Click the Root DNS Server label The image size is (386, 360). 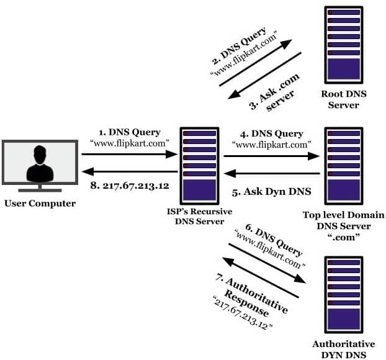coord(344,99)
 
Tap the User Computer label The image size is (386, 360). coord(40,204)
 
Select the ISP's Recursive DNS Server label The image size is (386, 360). coord(199,217)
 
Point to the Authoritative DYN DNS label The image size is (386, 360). coord(344,349)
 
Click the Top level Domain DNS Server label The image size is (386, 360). coord(344,226)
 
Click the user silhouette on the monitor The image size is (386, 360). coord(40,163)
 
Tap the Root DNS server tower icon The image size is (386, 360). coord(344,45)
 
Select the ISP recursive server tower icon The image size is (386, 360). coord(199,166)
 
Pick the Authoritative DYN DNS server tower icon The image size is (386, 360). coord(344,295)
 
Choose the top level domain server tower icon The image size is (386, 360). coord(344,166)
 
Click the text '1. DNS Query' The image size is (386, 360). coord(130,132)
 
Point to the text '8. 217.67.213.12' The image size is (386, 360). coord(130,186)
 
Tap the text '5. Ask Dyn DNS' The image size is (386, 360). coord(272,192)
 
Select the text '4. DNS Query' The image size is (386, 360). coord(272,134)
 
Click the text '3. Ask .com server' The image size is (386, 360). coord(274,92)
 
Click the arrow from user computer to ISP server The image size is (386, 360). coord(130,155)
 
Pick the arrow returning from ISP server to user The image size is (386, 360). coord(130,171)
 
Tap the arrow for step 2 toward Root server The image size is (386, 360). coord(256,63)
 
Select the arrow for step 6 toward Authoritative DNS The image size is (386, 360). coord(267,263)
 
